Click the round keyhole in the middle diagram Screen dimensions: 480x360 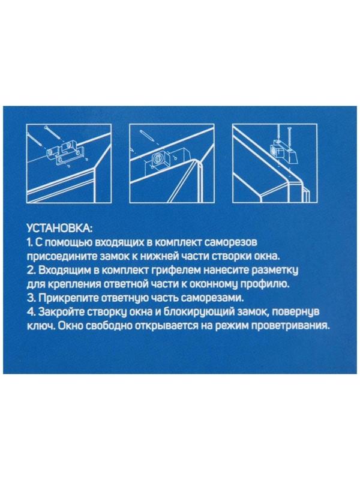pos(158,160)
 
